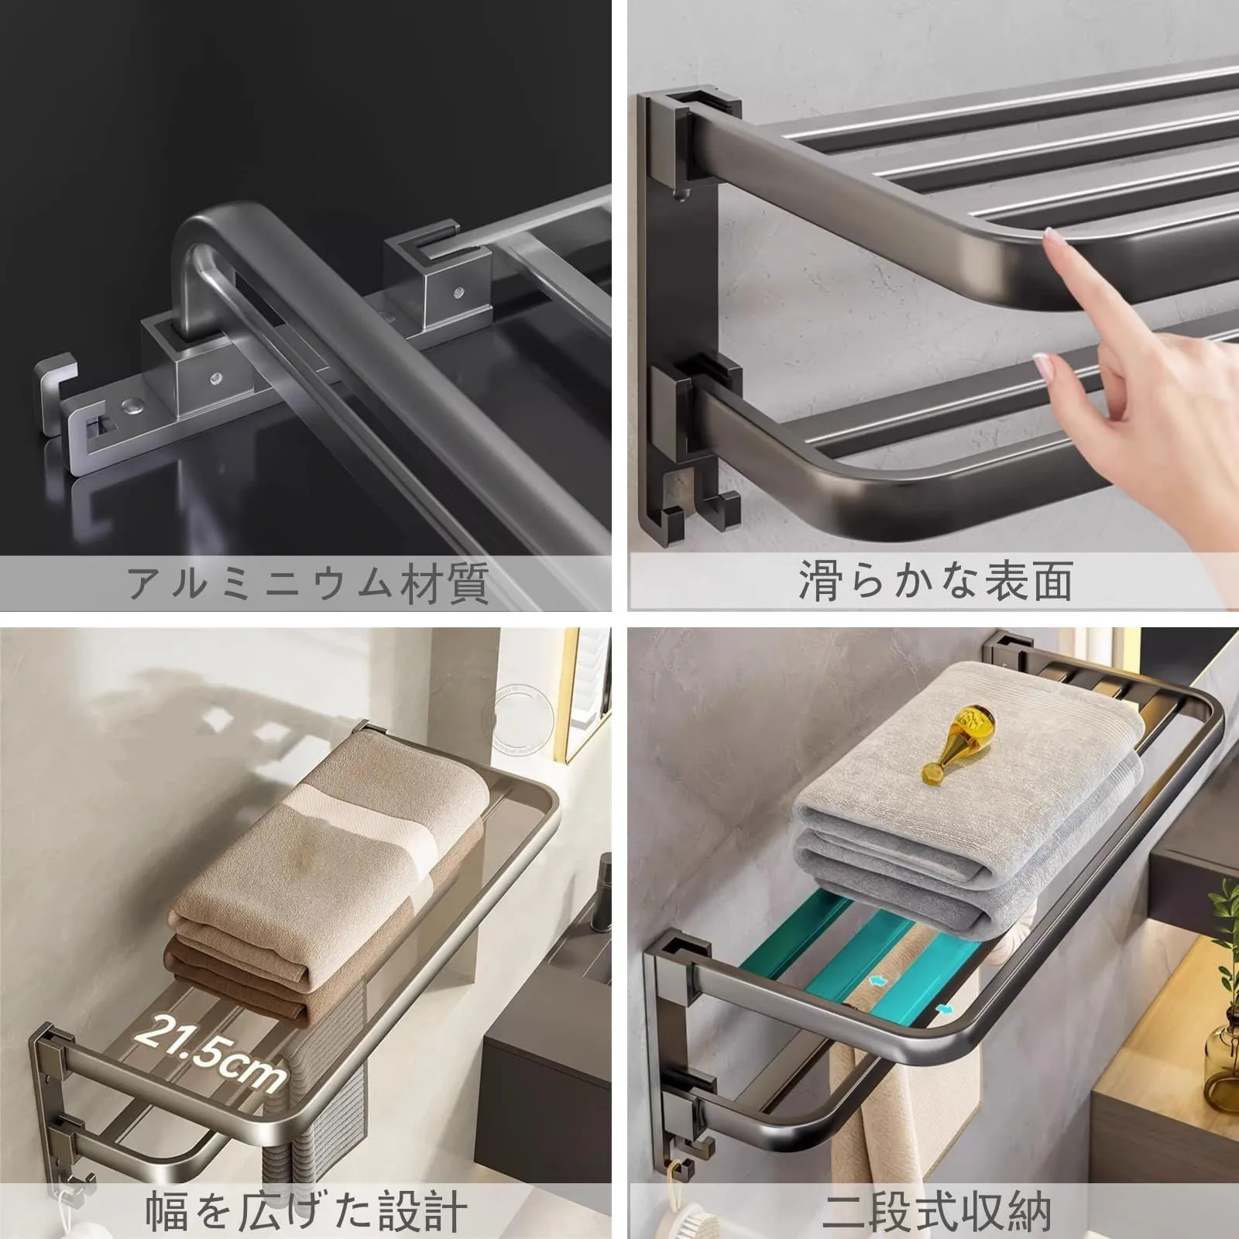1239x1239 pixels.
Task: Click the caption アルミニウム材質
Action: click(309, 583)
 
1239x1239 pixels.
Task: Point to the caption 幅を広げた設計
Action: click(307, 1210)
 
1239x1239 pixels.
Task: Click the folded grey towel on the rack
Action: click(970, 798)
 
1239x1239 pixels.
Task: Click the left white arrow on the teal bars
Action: click(876, 980)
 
